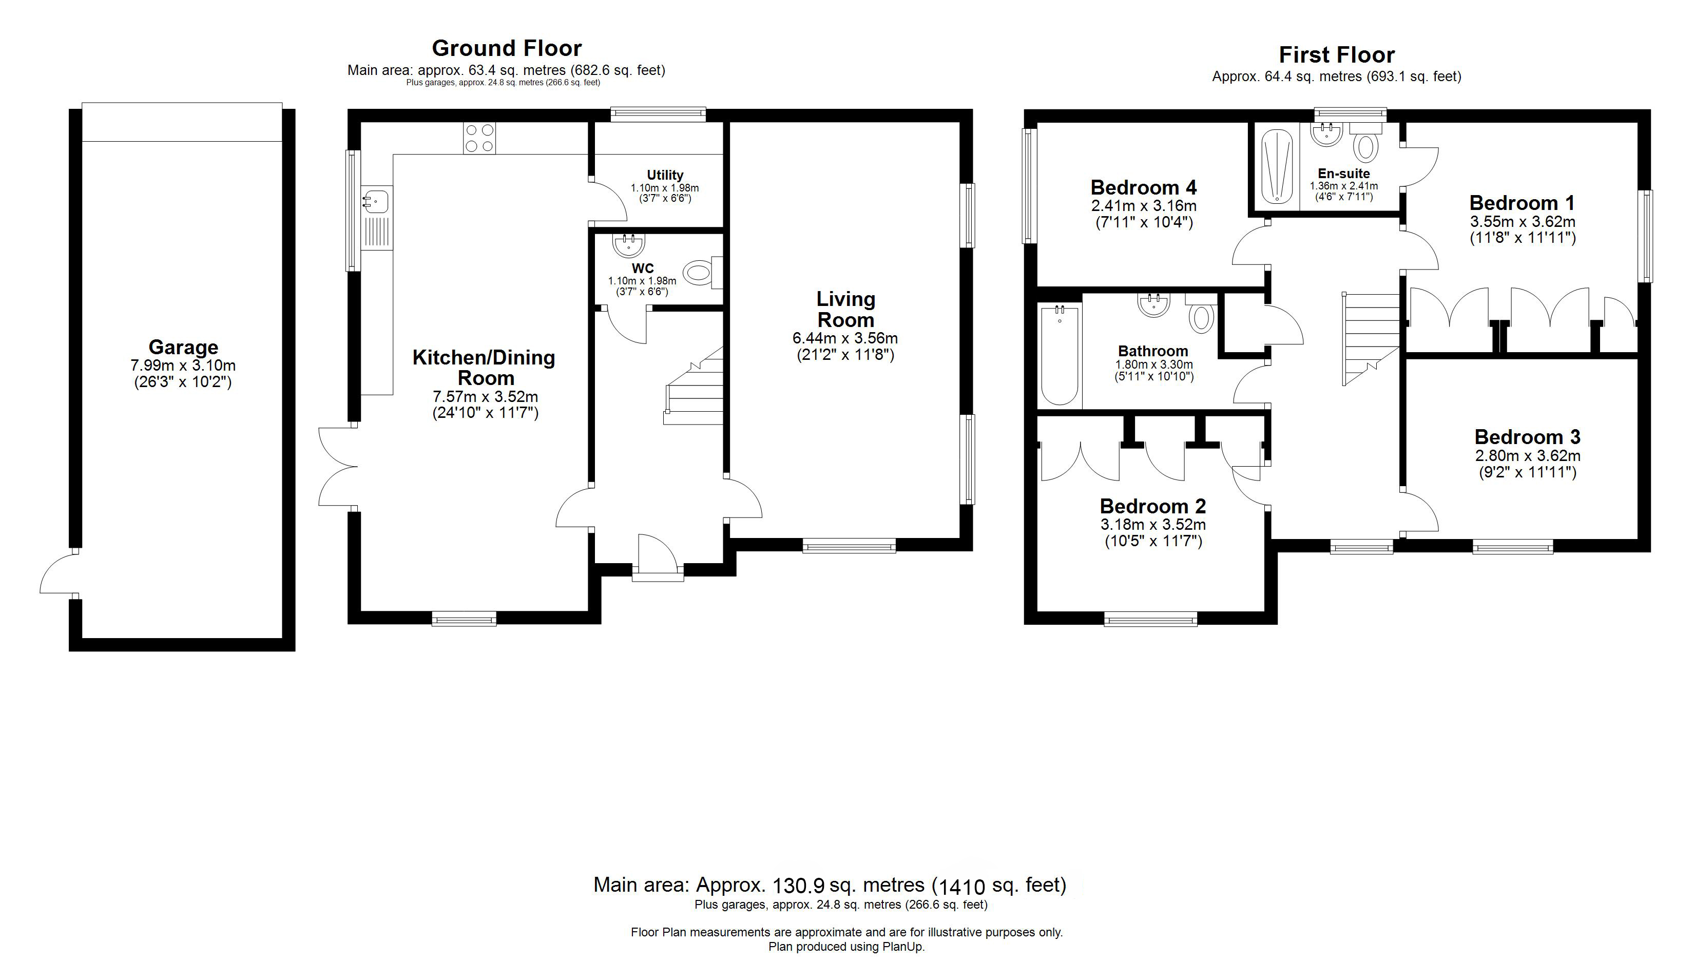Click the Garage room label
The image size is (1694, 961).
click(x=183, y=347)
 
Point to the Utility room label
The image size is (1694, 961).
click(x=665, y=175)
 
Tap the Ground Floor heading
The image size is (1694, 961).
click(x=506, y=48)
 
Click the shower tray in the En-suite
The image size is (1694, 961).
click(x=1276, y=166)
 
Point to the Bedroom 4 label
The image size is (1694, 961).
click(x=1143, y=188)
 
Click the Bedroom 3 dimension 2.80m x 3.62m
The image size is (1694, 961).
click(x=1527, y=456)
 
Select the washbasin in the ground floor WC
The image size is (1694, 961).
click(x=628, y=245)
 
